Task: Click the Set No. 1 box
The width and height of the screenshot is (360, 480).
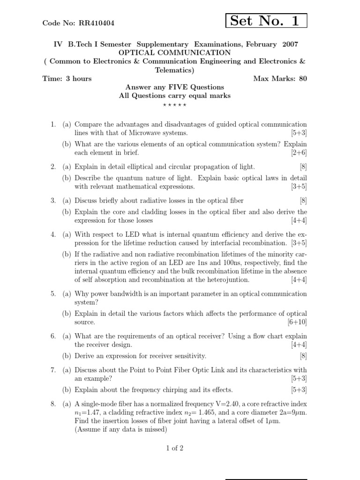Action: pyautogui.click(x=266, y=21)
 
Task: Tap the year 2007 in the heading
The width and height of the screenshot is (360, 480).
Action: pyautogui.click(x=290, y=44)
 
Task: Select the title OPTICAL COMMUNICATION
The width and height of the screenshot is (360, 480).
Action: pyautogui.click(x=175, y=52)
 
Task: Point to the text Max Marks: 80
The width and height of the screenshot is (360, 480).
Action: pyautogui.click(x=280, y=78)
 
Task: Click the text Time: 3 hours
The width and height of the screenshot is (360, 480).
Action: pyautogui.click(x=67, y=78)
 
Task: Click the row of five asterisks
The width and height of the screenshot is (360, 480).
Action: pyautogui.click(x=175, y=105)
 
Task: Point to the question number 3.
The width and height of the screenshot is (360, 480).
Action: pyautogui.click(x=53, y=201)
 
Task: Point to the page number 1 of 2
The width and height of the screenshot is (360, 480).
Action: pyautogui.click(x=175, y=448)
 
